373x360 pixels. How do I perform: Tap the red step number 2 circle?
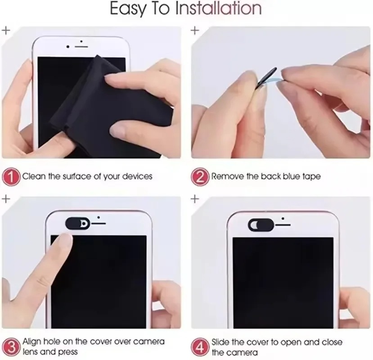tap(201, 176)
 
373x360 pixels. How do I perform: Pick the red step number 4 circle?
tap(201, 346)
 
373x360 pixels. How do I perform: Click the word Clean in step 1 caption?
tap(34, 176)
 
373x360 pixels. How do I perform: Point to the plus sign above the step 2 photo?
tap(194, 31)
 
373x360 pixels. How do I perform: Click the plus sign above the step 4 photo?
tap(194, 198)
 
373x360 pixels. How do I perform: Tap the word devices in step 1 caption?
tap(136, 176)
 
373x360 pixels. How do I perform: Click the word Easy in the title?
tap(130, 9)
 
